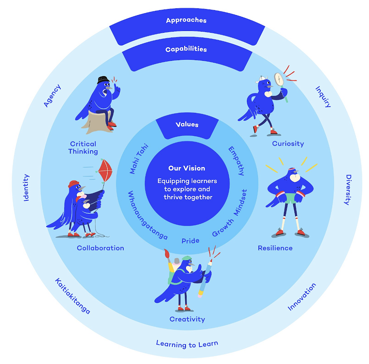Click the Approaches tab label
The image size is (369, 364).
186,20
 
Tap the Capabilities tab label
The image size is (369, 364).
186,49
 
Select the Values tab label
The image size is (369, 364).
187,124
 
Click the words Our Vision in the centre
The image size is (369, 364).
187,168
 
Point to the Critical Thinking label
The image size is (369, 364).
83,147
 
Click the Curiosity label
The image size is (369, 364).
288,144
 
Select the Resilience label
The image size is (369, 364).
275,248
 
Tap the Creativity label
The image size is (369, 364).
187,319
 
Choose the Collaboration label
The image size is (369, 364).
100,248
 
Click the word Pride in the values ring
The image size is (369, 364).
190,241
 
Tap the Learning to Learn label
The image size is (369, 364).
187,344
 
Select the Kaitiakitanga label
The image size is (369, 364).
73,296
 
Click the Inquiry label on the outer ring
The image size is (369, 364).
323,96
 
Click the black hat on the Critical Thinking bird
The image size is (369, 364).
103,79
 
